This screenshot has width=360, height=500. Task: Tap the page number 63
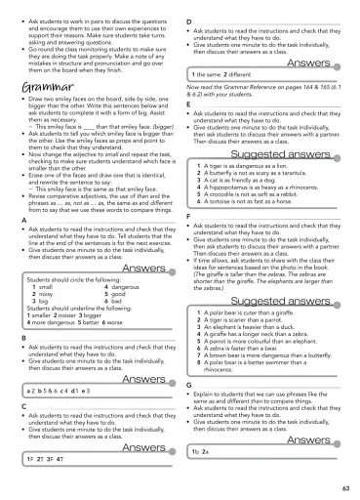click(346, 487)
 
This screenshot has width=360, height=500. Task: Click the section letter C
click(22, 403)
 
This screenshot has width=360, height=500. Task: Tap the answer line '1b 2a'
click(202, 452)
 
